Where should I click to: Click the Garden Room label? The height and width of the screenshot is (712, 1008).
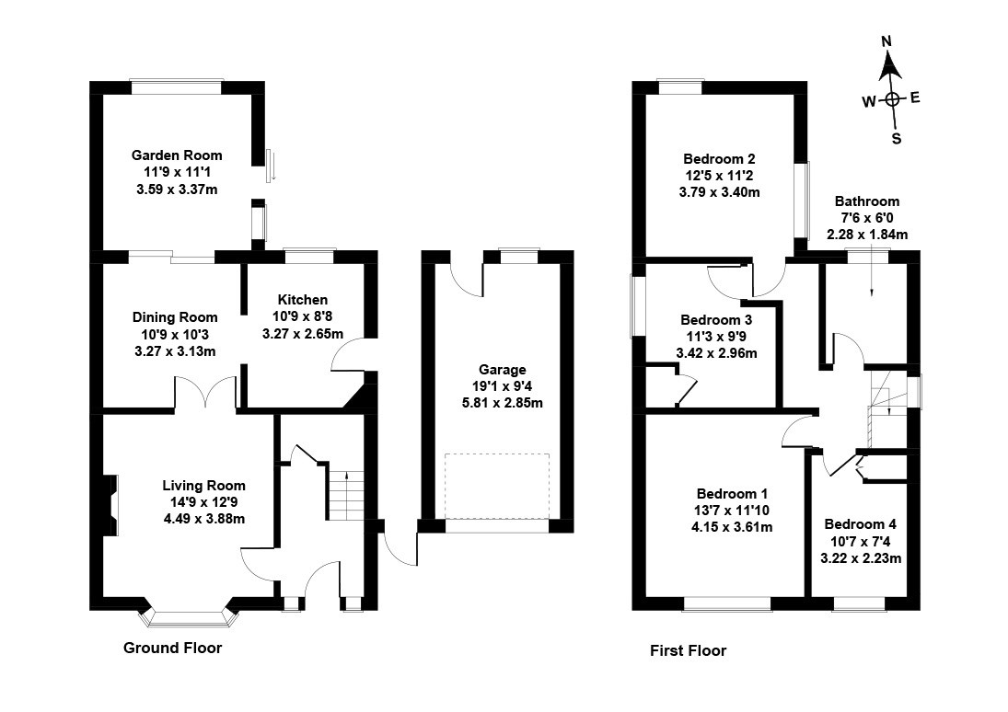pyautogui.click(x=177, y=155)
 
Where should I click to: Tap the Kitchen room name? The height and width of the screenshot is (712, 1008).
pyautogui.click(x=303, y=300)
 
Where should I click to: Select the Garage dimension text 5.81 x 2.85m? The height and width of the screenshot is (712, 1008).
pyautogui.click(x=502, y=403)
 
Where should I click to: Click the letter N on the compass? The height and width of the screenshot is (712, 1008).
pyautogui.click(x=887, y=41)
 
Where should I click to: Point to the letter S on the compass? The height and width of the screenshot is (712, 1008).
pyautogui.click(x=896, y=139)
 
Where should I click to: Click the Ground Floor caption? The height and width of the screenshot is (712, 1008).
pyautogui.click(x=172, y=648)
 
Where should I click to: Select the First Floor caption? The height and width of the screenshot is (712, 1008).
pyautogui.click(x=688, y=651)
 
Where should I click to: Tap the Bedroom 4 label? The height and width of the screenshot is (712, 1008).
pyautogui.click(x=861, y=524)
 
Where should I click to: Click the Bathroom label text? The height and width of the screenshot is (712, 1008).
pyautogui.click(x=866, y=201)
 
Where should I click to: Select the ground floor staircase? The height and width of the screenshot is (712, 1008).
pyautogui.click(x=347, y=496)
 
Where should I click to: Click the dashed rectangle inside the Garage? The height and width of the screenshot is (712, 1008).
pyautogui.click(x=497, y=486)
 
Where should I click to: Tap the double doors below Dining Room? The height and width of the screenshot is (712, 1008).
pyautogui.click(x=206, y=391)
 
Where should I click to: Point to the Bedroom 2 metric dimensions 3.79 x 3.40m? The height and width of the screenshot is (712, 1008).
pyautogui.click(x=719, y=192)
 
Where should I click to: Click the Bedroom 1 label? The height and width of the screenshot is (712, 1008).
pyautogui.click(x=732, y=493)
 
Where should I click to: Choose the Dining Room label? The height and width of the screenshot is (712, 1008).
pyautogui.click(x=175, y=316)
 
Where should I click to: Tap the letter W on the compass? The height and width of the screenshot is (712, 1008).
pyautogui.click(x=869, y=101)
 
